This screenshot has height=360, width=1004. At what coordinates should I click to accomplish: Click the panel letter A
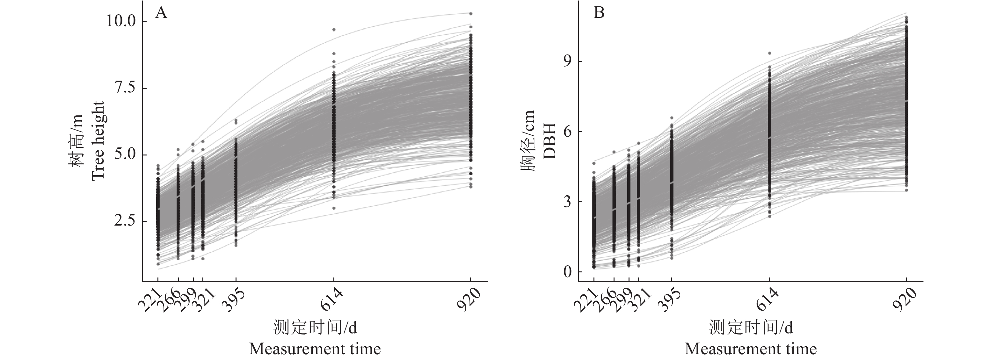click(161, 13)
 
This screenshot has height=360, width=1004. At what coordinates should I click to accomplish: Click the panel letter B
click(599, 13)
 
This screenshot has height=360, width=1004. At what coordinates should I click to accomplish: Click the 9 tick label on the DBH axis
click(567, 61)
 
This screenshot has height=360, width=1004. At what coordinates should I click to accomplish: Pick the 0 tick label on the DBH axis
click(567, 272)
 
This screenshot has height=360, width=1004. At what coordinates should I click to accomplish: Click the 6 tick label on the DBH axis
click(567, 132)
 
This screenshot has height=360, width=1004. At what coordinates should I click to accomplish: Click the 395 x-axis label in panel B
click(670, 300)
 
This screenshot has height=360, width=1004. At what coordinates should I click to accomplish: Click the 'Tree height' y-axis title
click(98, 140)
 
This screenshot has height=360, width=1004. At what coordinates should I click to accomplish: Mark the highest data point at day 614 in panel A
click(334, 30)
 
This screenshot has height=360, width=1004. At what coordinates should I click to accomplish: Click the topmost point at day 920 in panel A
click(470, 14)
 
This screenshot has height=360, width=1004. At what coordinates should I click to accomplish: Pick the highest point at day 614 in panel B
click(769, 53)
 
